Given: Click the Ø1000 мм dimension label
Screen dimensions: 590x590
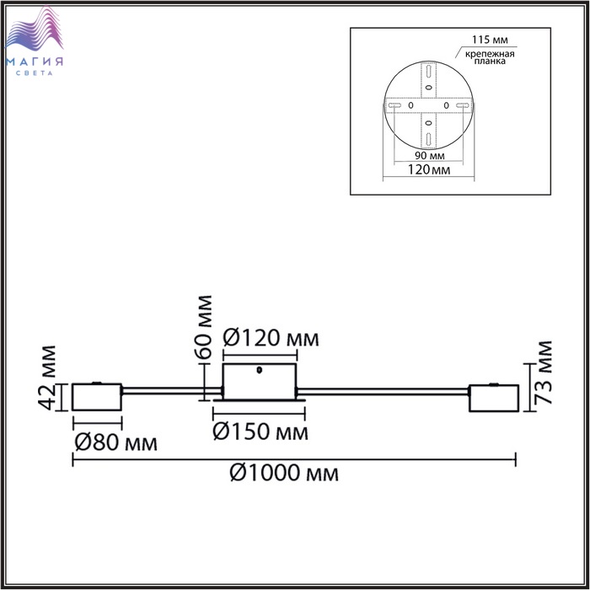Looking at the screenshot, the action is [284, 473].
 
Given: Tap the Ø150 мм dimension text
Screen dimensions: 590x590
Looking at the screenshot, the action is [260, 432].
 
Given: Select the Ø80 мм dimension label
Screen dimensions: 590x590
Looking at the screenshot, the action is [116, 442].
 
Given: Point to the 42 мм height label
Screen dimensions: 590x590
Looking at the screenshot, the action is [48, 378].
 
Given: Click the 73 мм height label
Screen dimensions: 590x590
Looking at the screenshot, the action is [544, 373].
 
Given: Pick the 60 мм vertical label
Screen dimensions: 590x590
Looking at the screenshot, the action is [204, 327].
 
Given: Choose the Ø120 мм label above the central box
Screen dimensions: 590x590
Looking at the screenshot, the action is [271, 338].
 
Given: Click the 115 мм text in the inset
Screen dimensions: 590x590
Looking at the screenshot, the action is [490, 40].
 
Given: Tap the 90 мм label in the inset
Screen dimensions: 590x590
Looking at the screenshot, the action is [430, 155].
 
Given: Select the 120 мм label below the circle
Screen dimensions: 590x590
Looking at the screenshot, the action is [429, 169].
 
